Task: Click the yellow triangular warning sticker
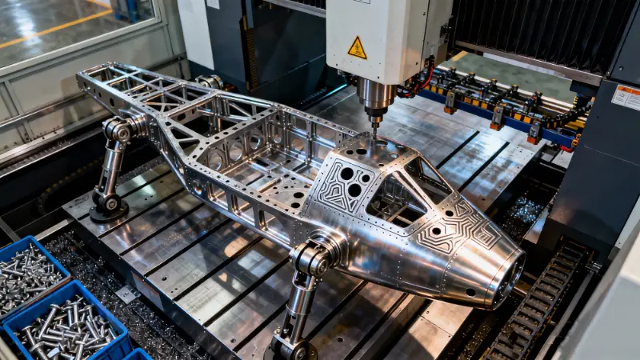point(357,48)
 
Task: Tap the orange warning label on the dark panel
point(626,97)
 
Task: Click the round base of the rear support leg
point(108,210)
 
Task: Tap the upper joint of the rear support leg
point(118,130)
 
